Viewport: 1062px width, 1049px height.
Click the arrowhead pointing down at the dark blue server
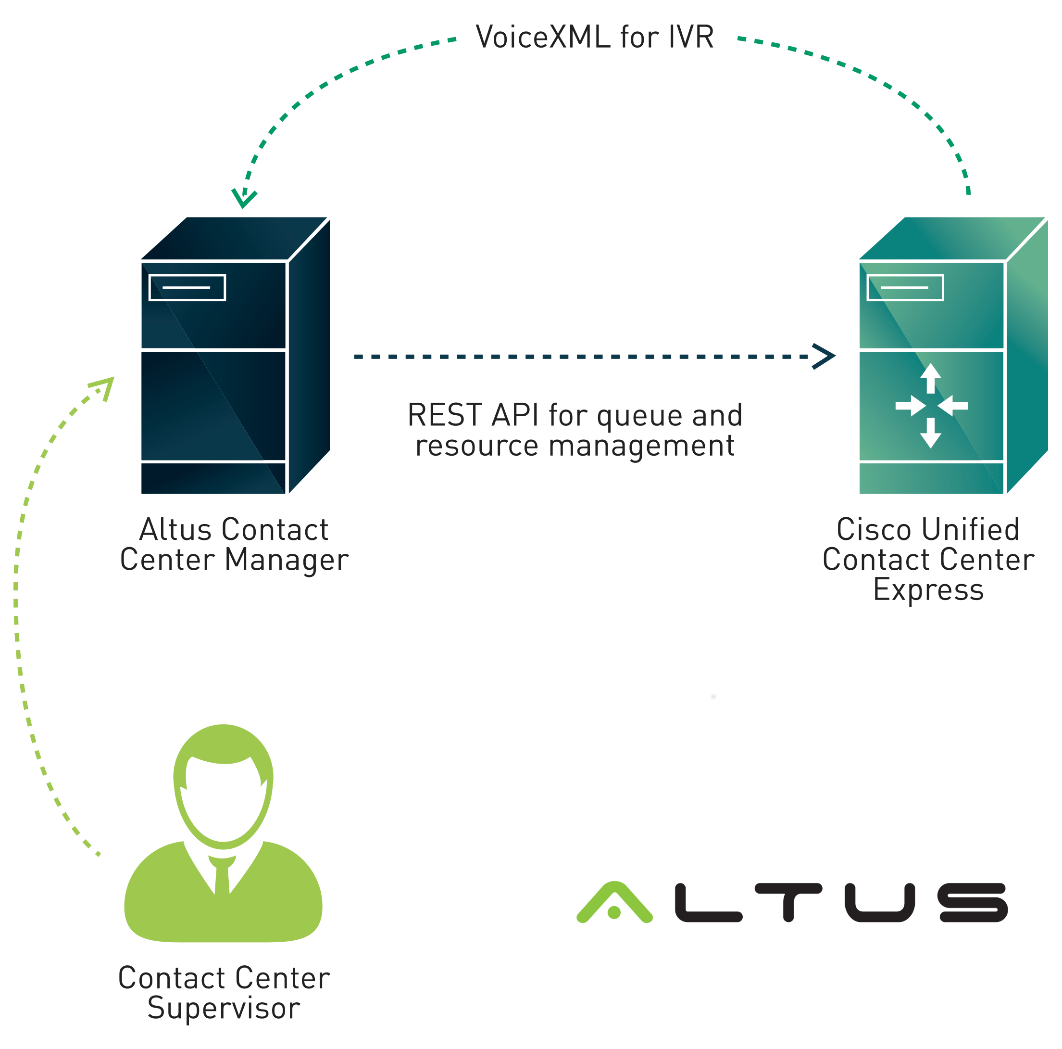click(244, 199)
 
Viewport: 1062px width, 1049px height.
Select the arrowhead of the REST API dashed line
click(825, 357)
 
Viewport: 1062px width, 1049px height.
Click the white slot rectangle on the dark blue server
click(187, 288)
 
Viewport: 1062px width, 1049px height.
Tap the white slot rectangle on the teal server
click(905, 288)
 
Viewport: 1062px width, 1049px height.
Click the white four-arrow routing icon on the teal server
click(931, 406)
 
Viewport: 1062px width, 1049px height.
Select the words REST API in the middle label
click(473, 415)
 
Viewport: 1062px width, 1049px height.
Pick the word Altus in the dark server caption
click(175, 530)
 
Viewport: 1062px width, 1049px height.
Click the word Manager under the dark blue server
click(287, 561)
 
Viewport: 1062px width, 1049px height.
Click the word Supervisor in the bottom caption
click(224, 1008)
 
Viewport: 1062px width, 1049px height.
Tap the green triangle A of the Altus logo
click(614, 902)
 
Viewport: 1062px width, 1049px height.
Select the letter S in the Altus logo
click(974, 903)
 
